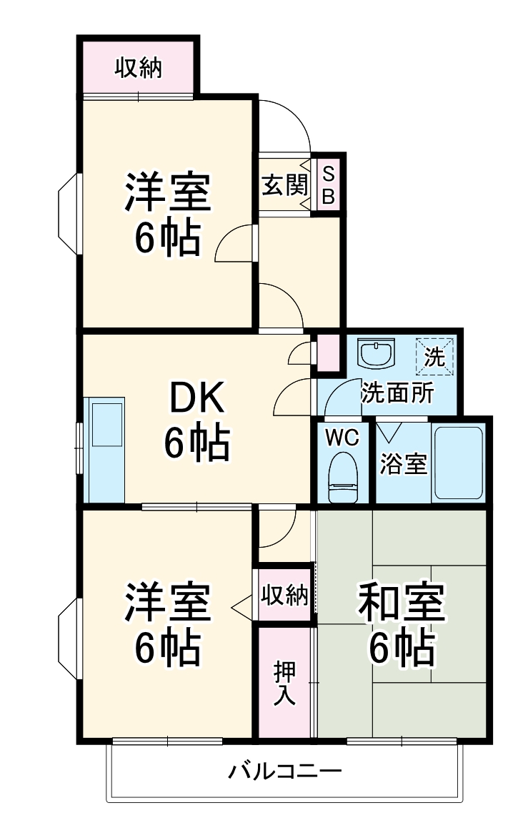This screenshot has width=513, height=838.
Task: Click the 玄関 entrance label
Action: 284,187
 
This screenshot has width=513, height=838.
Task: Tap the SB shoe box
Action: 328,185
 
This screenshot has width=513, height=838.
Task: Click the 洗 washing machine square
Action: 435,355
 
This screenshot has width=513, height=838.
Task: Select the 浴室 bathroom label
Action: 403,465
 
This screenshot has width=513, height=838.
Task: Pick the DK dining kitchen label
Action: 196,399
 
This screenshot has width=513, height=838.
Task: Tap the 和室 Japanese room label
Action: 402,602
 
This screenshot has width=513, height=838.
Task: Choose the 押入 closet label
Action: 285,683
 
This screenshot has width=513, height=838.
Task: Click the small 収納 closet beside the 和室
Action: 284,595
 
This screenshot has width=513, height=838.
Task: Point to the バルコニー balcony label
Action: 285,772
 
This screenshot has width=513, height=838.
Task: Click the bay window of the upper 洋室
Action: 69,214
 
